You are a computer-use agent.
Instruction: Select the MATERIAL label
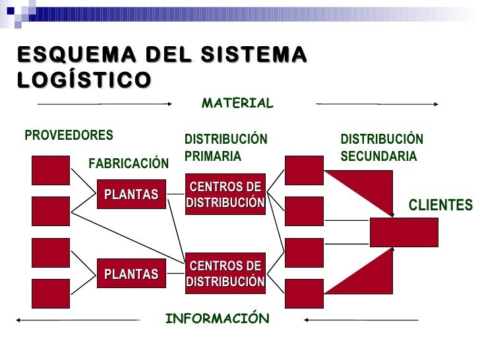pos(237,104)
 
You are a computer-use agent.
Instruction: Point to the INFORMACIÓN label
pos(217,319)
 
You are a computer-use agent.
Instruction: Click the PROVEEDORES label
pos(69,135)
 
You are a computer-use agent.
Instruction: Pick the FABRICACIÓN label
pos(129,163)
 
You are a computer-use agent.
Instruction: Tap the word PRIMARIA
pos(212,157)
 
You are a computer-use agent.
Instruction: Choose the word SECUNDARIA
pos(378,157)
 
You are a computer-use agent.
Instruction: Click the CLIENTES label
pos(440,205)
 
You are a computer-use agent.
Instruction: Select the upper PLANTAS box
pos(131,195)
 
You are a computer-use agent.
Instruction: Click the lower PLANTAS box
pos(131,274)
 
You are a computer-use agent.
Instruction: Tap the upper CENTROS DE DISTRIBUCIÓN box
pos(225,195)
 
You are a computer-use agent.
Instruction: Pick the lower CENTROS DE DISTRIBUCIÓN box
pos(225,274)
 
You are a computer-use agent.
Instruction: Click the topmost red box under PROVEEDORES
pos(51,170)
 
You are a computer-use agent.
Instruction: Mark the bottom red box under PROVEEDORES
pos(51,293)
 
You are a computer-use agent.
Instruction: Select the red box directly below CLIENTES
pos(404,232)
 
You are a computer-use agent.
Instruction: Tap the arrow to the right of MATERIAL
pos(377,104)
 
